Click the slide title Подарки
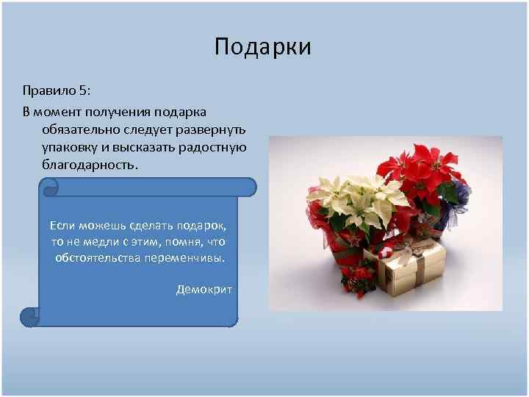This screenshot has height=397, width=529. pyautogui.click(x=263, y=47)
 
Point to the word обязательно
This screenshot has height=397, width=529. pyautogui.click(x=80, y=129)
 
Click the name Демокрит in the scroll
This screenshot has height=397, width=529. pyautogui.click(x=204, y=289)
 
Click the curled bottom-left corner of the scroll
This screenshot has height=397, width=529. pyautogui.click(x=29, y=317)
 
